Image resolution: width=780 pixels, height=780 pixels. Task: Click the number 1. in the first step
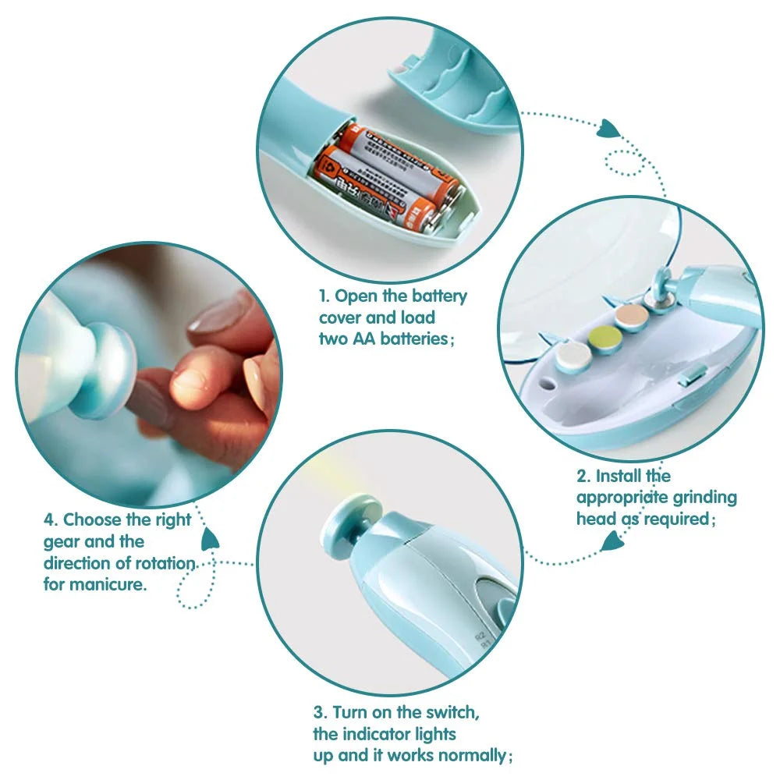coord(325,296)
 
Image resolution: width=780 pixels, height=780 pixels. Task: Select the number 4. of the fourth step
coord(51,519)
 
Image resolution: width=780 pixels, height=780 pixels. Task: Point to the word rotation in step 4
coord(165,563)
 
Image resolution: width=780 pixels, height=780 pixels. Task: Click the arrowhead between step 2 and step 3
coord(613,540)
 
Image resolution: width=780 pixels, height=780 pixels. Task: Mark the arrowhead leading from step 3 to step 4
coord(210,538)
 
